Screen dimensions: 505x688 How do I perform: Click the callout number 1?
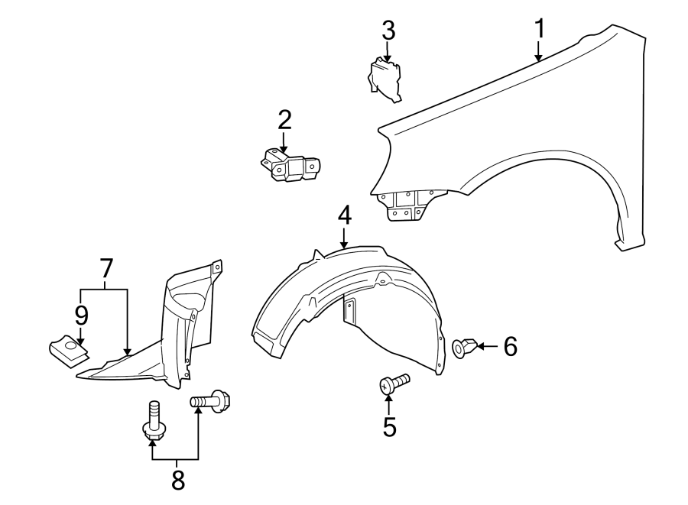point(540,29)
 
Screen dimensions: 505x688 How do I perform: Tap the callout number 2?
point(284,120)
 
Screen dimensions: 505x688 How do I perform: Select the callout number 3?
point(388,31)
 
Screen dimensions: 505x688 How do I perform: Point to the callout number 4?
point(345,215)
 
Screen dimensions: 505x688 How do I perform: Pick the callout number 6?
point(510,347)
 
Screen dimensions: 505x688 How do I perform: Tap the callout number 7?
point(105,268)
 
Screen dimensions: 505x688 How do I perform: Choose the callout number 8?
point(177,480)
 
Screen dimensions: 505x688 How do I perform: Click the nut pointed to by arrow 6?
point(464,348)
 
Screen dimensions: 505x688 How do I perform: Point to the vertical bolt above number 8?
point(154,422)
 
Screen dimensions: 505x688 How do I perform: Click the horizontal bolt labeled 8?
point(211,400)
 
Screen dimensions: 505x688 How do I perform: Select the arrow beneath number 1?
point(539,51)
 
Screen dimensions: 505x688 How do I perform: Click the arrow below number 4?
point(345,238)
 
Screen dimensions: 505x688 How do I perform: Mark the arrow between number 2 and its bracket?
point(284,141)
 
